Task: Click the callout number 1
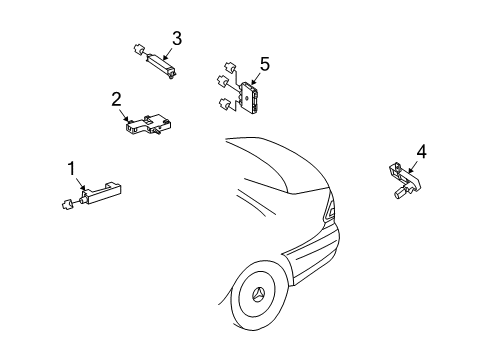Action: pos(72,169)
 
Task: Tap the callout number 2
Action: pos(116,99)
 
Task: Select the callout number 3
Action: pos(177,38)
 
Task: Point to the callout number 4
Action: pos(421,152)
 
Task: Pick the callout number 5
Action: pos(265,64)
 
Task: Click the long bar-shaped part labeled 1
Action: pos(101,192)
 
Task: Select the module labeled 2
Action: pos(149,125)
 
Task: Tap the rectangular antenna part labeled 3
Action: pos(162,64)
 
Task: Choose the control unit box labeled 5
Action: pos(250,97)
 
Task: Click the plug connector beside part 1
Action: pos(68,204)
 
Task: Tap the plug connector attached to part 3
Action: pos(138,50)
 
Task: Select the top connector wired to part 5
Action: pos(230,67)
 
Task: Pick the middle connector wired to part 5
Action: pos(222,81)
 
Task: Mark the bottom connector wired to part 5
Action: pos(224,104)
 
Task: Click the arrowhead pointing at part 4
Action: pos(411,170)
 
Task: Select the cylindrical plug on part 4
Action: pos(400,192)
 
